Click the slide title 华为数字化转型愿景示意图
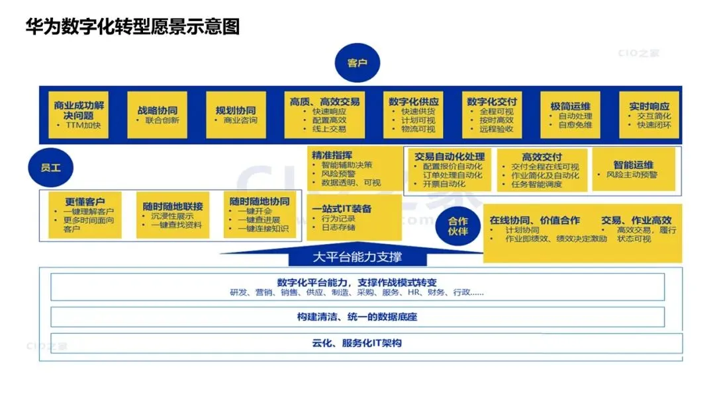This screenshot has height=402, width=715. pyautogui.click(x=132, y=27)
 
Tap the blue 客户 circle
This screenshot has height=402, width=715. pyautogui.click(x=357, y=63)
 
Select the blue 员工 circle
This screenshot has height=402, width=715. pyautogui.click(x=50, y=168)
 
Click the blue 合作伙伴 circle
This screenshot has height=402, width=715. pyautogui.click(x=458, y=226)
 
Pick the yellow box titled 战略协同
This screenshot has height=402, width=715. pyautogui.click(x=157, y=115)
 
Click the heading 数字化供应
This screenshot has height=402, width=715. pyautogui.click(x=414, y=102)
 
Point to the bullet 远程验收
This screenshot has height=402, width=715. pyautogui.click(x=496, y=130)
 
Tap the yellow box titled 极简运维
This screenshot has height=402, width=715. pyautogui.click(x=570, y=115)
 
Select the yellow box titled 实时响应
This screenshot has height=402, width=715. pyautogui.click(x=648, y=115)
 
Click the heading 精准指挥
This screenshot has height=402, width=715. pyautogui.click(x=332, y=155)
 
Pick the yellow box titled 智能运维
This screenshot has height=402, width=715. pyautogui.click(x=634, y=169)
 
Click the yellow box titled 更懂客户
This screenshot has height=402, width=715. pyautogui.click(x=84, y=214)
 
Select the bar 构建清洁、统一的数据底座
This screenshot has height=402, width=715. pyautogui.click(x=357, y=317)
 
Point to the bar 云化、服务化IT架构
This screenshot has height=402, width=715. pyautogui.click(x=357, y=343)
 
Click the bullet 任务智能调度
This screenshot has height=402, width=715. pyautogui.click(x=536, y=185)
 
